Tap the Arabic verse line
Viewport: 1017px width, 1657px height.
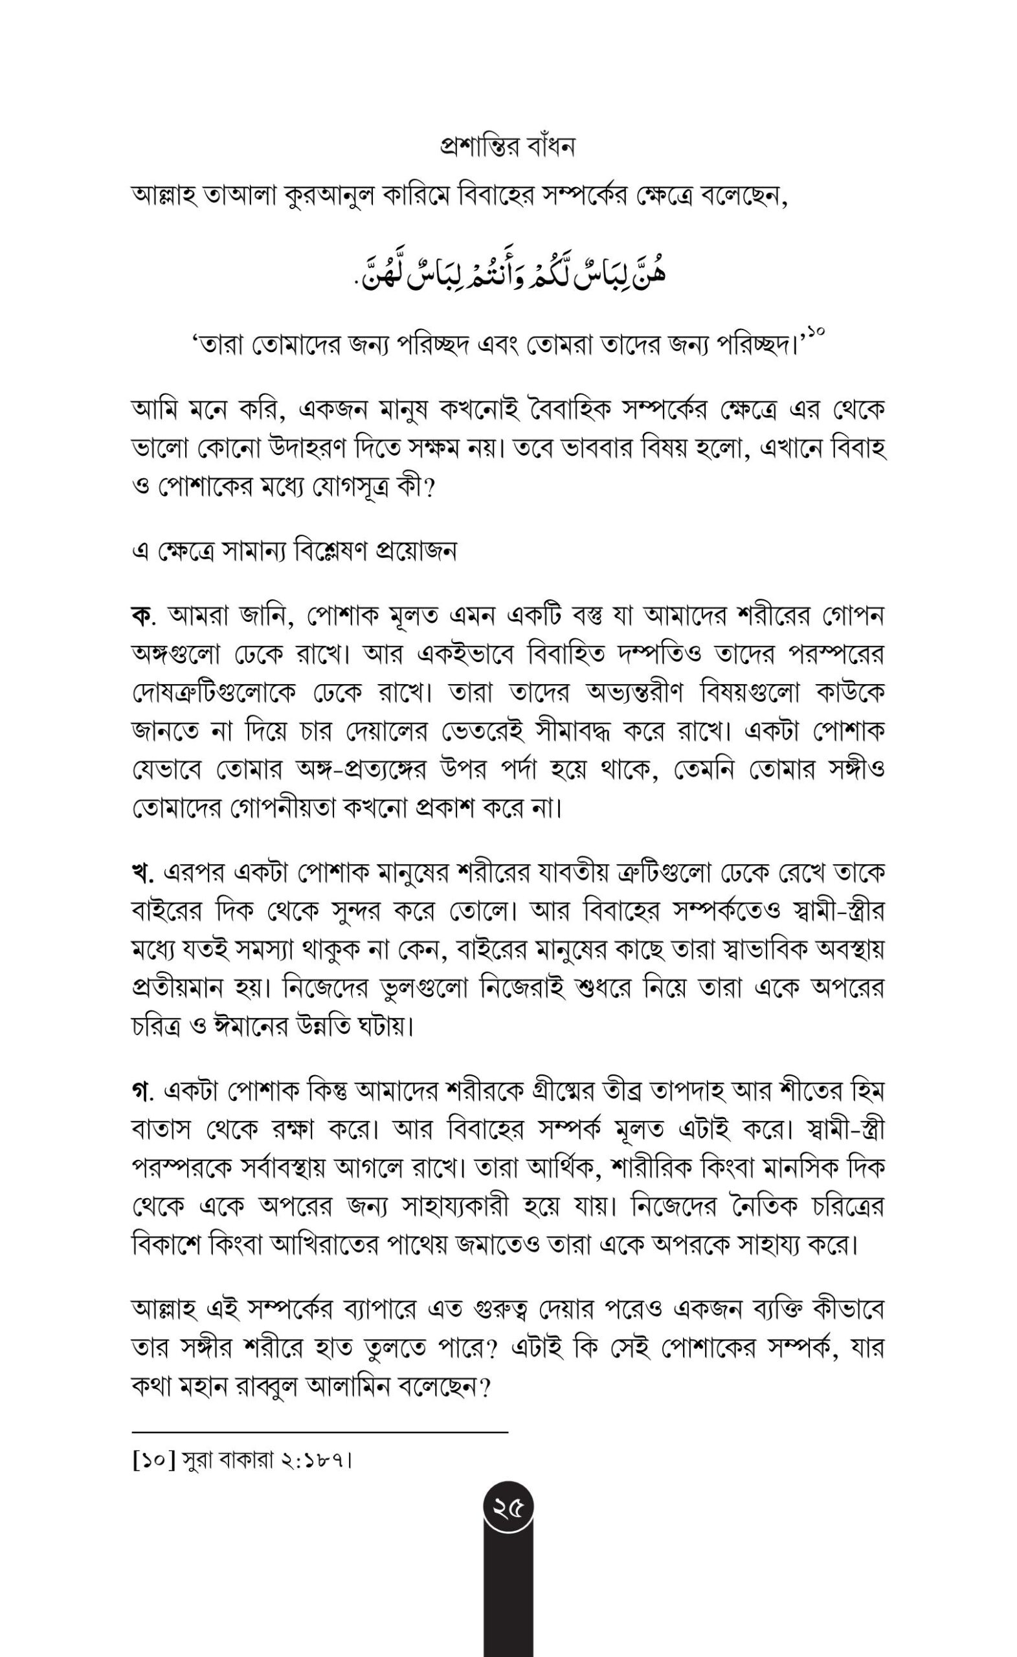click(509, 272)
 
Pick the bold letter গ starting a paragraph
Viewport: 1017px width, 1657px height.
click(140, 1091)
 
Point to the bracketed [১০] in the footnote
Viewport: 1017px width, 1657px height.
click(154, 1461)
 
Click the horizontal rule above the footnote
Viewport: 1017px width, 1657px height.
click(320, 1432)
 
